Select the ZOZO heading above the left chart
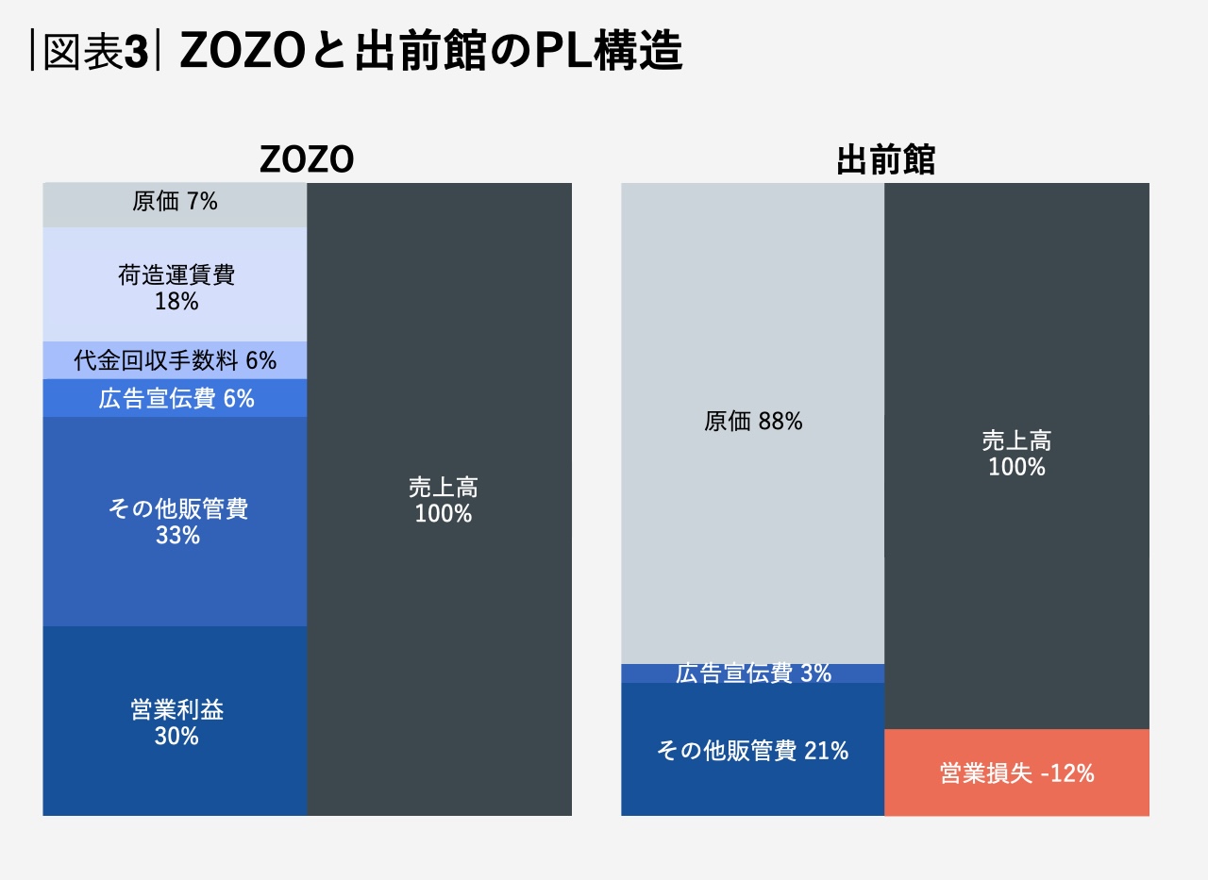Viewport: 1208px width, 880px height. (307, 160)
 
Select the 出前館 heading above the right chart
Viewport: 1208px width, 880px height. (885, 160)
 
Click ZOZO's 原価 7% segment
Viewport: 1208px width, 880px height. (176, 203)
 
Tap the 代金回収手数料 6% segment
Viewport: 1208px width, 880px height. (176, 360)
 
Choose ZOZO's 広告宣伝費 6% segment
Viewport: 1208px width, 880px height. (176, 398)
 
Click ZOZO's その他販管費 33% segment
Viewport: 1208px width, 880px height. (176, 522)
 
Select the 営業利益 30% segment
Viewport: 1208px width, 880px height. (176, 722)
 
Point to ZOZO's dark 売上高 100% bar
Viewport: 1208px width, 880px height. (440, 500)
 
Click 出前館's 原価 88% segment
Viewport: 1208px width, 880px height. (753, 423)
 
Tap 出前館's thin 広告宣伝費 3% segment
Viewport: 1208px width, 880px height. (753, 673)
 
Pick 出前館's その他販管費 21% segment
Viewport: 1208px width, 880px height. (753, 750)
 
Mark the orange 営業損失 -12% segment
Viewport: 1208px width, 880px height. (1016, 773)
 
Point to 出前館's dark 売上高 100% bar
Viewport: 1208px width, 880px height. (1016, 454)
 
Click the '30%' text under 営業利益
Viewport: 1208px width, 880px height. (176, 737)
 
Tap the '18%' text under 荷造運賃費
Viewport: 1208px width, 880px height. (176, 302)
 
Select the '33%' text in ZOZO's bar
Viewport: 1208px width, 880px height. (177, 536)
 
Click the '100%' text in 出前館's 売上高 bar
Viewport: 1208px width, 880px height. (1016, 467)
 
